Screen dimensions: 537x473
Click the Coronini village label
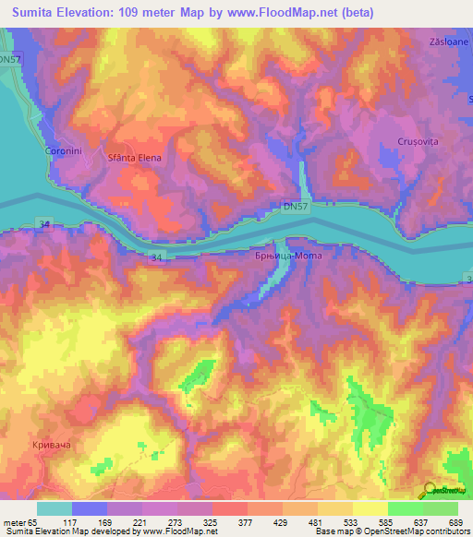[65, 150]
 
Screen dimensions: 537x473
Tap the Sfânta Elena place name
[135, 158]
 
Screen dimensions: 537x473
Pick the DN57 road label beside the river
[296, 209]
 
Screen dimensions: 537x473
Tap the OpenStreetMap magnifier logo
[429, 492]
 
